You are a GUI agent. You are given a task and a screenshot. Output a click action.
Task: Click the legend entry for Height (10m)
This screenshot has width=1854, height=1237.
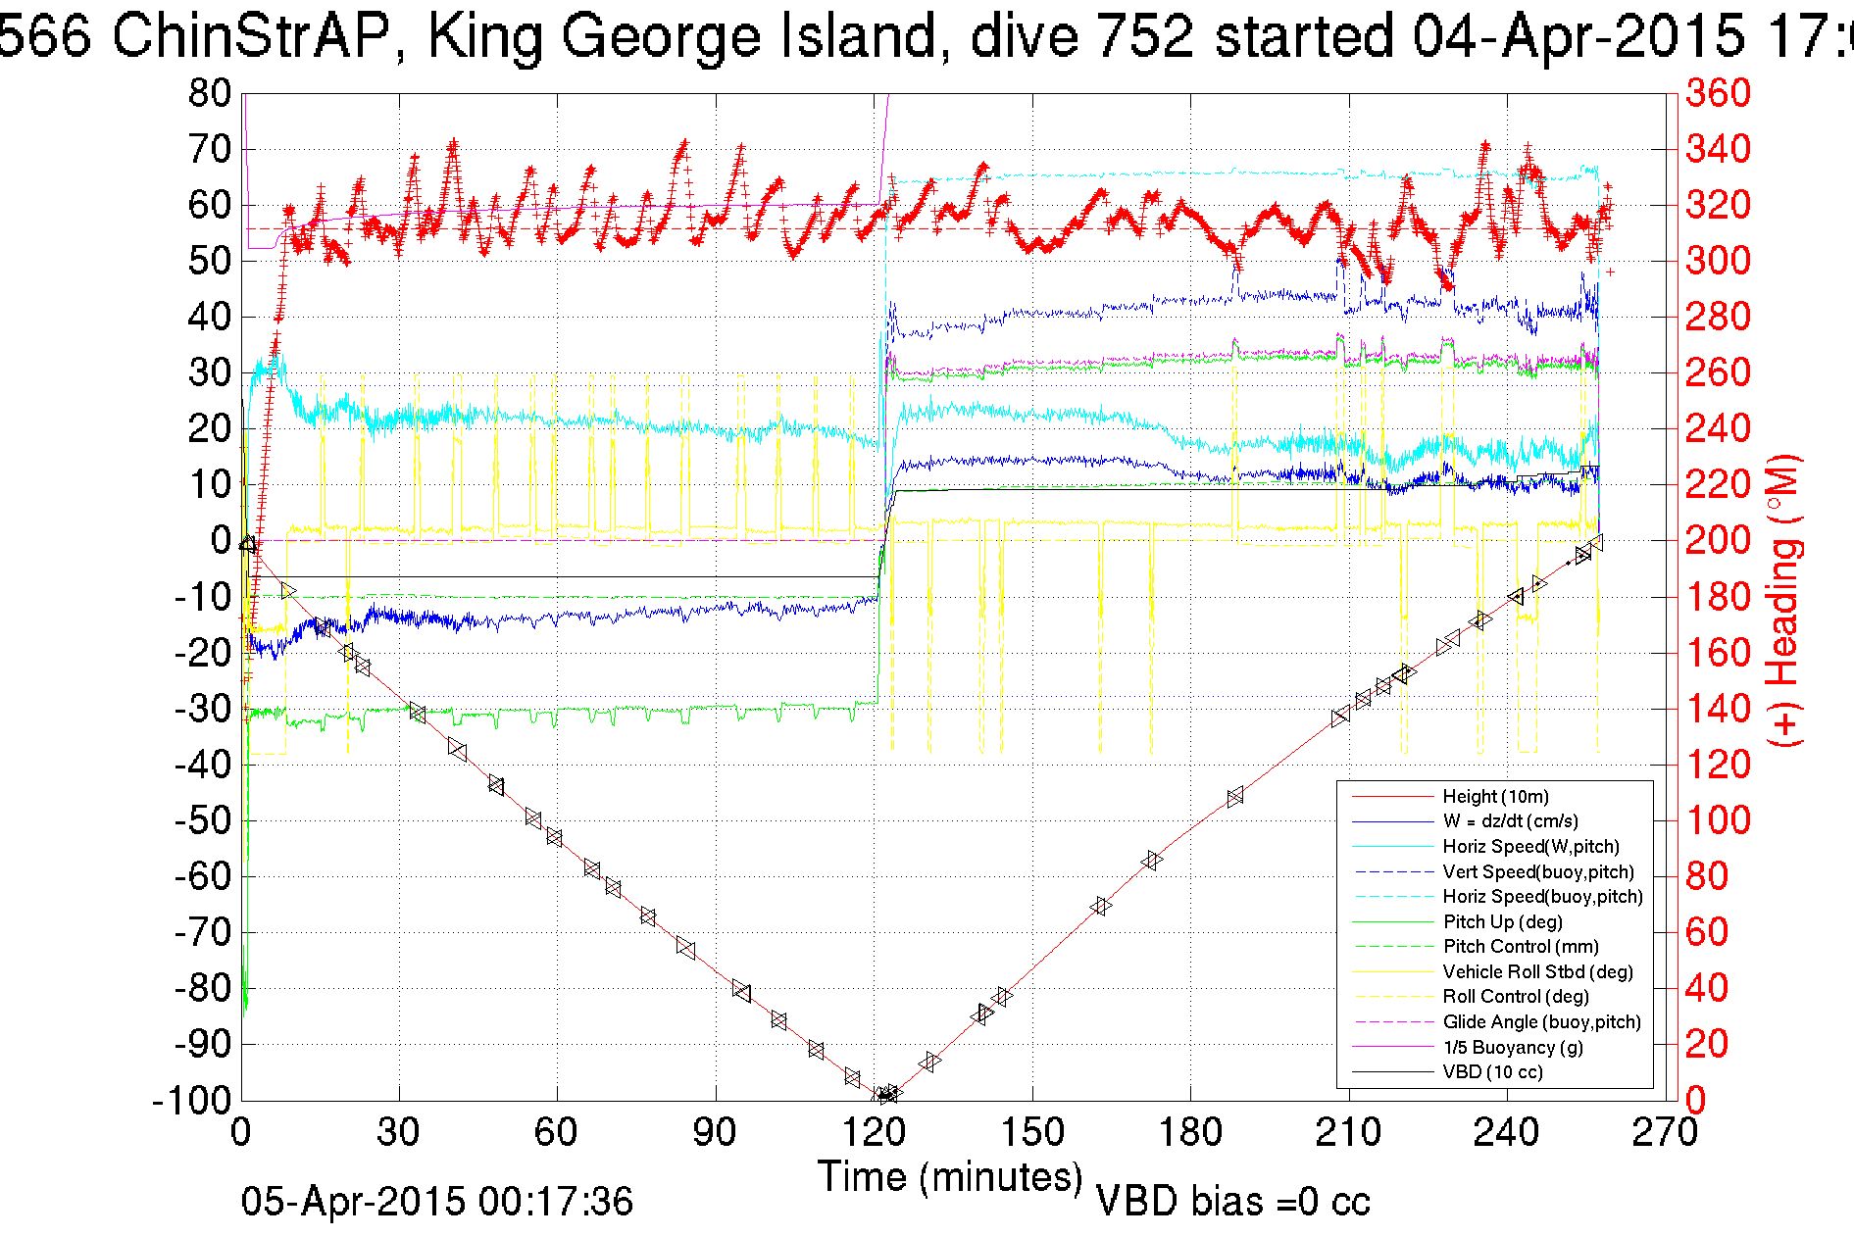point(1495,796)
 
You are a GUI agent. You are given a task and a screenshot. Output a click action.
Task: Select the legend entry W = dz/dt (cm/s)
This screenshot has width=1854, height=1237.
point(1510,821)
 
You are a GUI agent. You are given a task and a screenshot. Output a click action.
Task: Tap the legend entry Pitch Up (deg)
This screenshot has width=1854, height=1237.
point(1502,921)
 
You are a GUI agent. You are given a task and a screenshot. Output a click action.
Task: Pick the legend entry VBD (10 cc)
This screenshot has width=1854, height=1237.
point(1492,1071)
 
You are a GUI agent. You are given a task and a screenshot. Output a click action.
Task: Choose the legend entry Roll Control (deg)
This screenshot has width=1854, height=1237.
point(1516,996)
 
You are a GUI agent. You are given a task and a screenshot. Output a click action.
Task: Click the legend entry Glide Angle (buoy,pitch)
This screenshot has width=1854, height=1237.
point(1541,1021)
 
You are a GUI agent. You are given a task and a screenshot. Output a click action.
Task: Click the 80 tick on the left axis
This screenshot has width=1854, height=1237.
point(209,94)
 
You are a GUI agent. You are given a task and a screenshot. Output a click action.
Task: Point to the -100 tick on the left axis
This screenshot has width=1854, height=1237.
point(191,1101)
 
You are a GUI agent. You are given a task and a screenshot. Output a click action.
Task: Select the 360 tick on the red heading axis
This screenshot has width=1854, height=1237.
point(1718,94)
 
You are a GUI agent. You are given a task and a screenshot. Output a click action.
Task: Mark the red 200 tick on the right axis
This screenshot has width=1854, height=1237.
point(1718,540)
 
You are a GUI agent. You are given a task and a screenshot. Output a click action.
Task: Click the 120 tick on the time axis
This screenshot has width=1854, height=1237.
point(874,1133)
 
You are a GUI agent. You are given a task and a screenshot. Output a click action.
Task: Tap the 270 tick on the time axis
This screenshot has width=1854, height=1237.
point(1665,1133)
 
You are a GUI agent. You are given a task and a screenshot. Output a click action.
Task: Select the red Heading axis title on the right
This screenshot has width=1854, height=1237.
point(1785,600)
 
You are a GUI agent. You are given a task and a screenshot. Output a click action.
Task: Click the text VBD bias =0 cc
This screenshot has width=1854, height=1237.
point(1232,1202)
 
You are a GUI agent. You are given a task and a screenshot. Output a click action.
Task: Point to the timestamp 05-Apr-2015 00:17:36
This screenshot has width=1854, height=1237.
point(437,1202)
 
